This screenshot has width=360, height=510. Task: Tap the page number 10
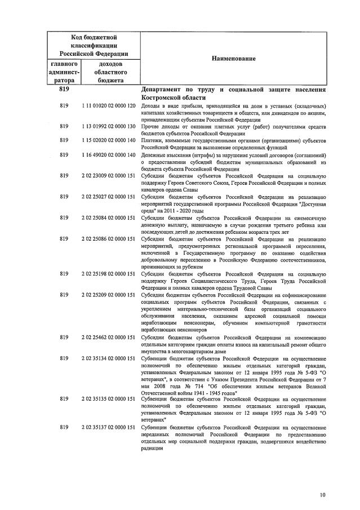(x=322, y=495)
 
